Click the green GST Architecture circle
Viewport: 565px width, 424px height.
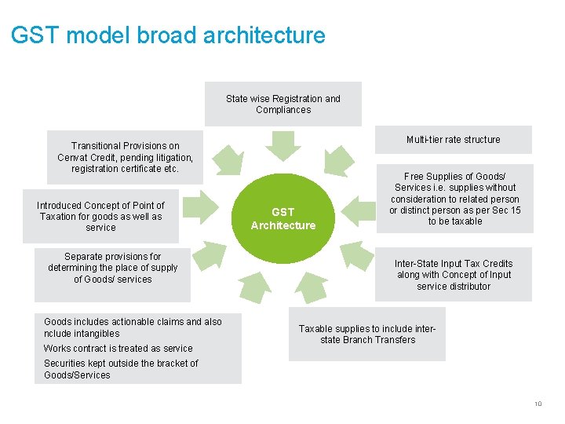pyautogui.click(x=282, y=218)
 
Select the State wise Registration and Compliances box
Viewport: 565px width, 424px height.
pyautogui.click(x=282, y=104)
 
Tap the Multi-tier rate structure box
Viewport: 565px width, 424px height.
pyautogui.click(x=453, y=140)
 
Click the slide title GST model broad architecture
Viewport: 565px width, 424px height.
pyautogui.click(x=168, y=35)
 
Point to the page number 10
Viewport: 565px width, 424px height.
pyautogui.click(x=538, y=404)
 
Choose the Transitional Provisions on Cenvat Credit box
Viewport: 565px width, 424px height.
pyautogui.click(x=125, y=157)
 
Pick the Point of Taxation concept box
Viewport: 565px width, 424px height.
pyautogui.click(x=100, y=216)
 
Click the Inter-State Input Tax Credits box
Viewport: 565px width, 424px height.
pyautogui.click(x=453, y=275)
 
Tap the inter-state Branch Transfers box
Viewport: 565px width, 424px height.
pyautogui.click(x=366, y=334)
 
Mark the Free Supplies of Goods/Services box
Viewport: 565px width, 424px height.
pyautogui.click(x=454, y=199)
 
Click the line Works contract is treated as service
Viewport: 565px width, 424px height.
pyautogui.click(x=118, y=349)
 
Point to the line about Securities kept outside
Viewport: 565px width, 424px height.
pyautogui.click(x=121, y=369)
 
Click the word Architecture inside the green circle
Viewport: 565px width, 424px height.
pyautogui.click(x=282, y=226)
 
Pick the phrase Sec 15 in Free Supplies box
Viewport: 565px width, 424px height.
pyautogui.click(x=507, y=210)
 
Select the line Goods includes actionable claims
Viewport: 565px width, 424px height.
pyautogui.click(x=133, y=322)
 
